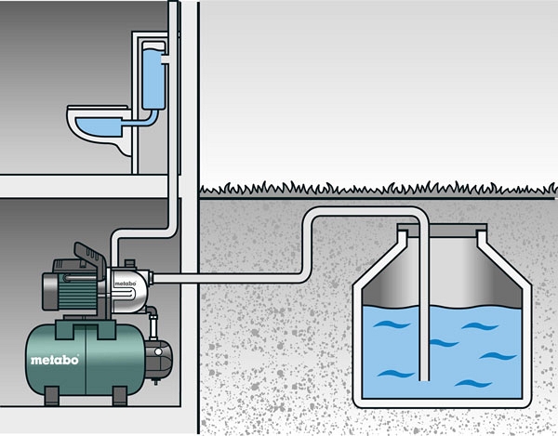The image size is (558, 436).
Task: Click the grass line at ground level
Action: click(372, 189)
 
